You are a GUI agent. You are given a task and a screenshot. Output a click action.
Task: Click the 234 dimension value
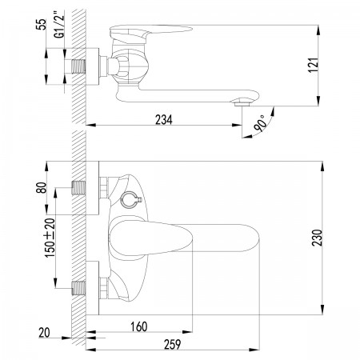164,120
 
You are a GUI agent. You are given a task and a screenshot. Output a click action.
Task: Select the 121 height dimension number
314,64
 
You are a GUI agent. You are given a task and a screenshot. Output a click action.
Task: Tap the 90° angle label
260,123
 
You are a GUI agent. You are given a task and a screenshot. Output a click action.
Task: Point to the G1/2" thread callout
59,25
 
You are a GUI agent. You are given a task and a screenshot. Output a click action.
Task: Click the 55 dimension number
42,25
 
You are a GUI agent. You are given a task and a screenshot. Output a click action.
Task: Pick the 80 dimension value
42,187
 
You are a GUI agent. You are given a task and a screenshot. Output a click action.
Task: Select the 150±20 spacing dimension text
50,238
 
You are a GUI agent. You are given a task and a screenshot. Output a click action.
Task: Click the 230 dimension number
318,238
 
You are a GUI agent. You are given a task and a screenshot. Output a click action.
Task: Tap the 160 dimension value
139,326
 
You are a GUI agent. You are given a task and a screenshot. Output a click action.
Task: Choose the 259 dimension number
172,344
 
